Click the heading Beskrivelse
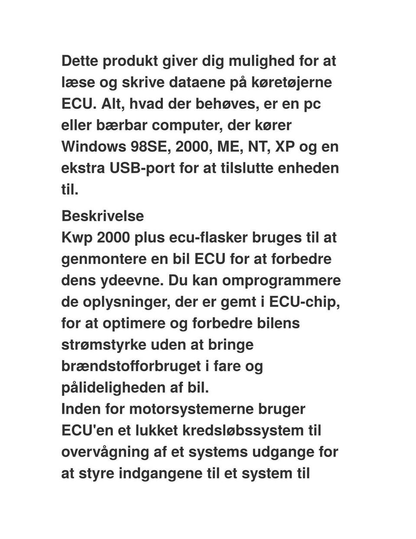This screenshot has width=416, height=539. click(x=103, y=216)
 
